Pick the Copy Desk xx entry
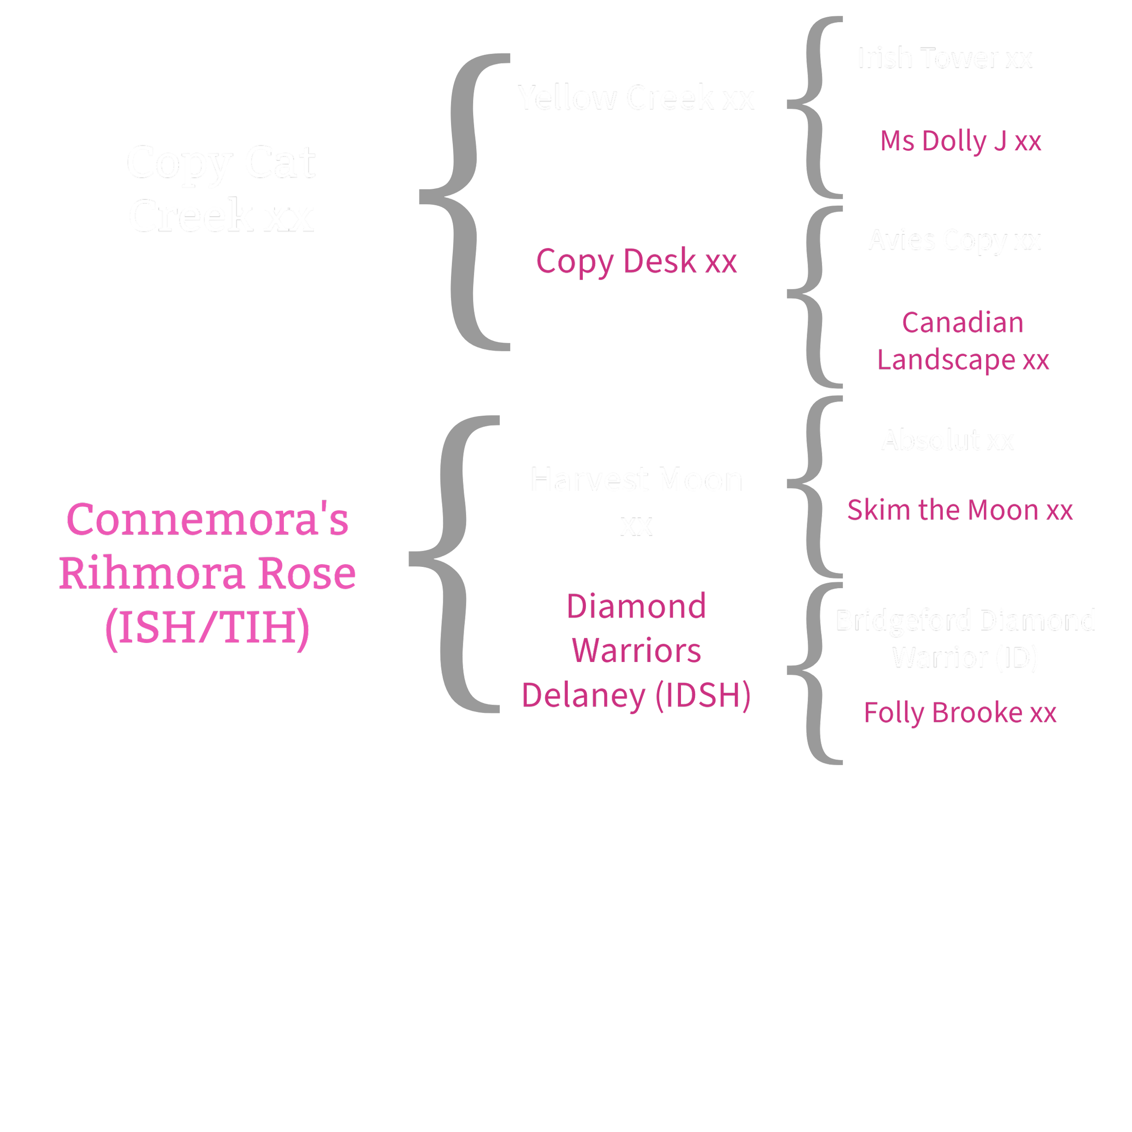[x=636, y=261]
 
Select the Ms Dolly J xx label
[x=961, y=141]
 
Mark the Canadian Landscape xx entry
[x=963, y=341]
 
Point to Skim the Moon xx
[x=960, y=510]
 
